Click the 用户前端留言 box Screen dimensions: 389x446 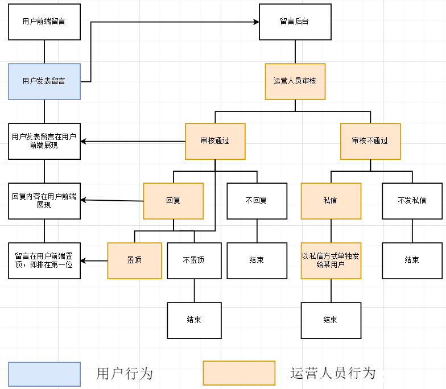(x=44, y=22)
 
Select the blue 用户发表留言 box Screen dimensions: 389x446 (x=44, y=81)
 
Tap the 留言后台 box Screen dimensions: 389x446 (x=295, y=22)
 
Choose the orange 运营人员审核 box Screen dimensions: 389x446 (x=295, y=81)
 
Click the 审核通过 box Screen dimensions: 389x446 (x=215, y=141)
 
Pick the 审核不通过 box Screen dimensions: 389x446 (x=370, y=141)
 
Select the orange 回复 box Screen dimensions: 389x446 (x=173, y=201)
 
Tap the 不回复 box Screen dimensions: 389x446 (x=257, y=201)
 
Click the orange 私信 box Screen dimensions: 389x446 (x=331, y=201)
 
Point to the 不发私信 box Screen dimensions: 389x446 (x=412, y=201)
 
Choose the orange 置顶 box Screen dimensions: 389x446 (x=134, y=260)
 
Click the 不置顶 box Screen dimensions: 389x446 (x=194, y=260)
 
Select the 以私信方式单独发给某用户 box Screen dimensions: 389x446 (x=331, y=260)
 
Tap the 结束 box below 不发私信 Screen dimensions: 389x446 (x=412, y=260)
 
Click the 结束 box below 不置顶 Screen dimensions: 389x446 (x=194, y=320)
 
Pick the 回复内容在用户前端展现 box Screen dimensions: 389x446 (x=44, y=201)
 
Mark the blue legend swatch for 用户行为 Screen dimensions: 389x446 (x=44, y=373)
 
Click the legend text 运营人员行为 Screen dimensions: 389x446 (x=333, y=373)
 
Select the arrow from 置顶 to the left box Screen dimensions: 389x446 (x=94, y=261)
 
